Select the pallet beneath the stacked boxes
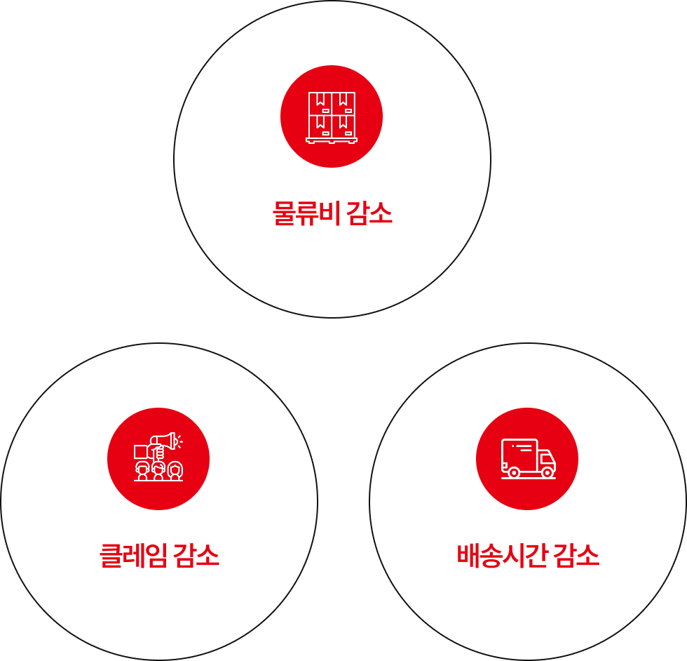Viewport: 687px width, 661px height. (332, 140)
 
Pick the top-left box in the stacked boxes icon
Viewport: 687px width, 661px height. (320, 102)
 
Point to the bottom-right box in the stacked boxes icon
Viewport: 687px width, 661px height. (343, 126)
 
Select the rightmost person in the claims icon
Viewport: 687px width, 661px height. (175, 471)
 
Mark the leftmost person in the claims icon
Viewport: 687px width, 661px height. (142, 471)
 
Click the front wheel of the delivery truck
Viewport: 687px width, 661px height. (547, 473)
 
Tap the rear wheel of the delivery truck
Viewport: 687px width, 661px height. (514, 473)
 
